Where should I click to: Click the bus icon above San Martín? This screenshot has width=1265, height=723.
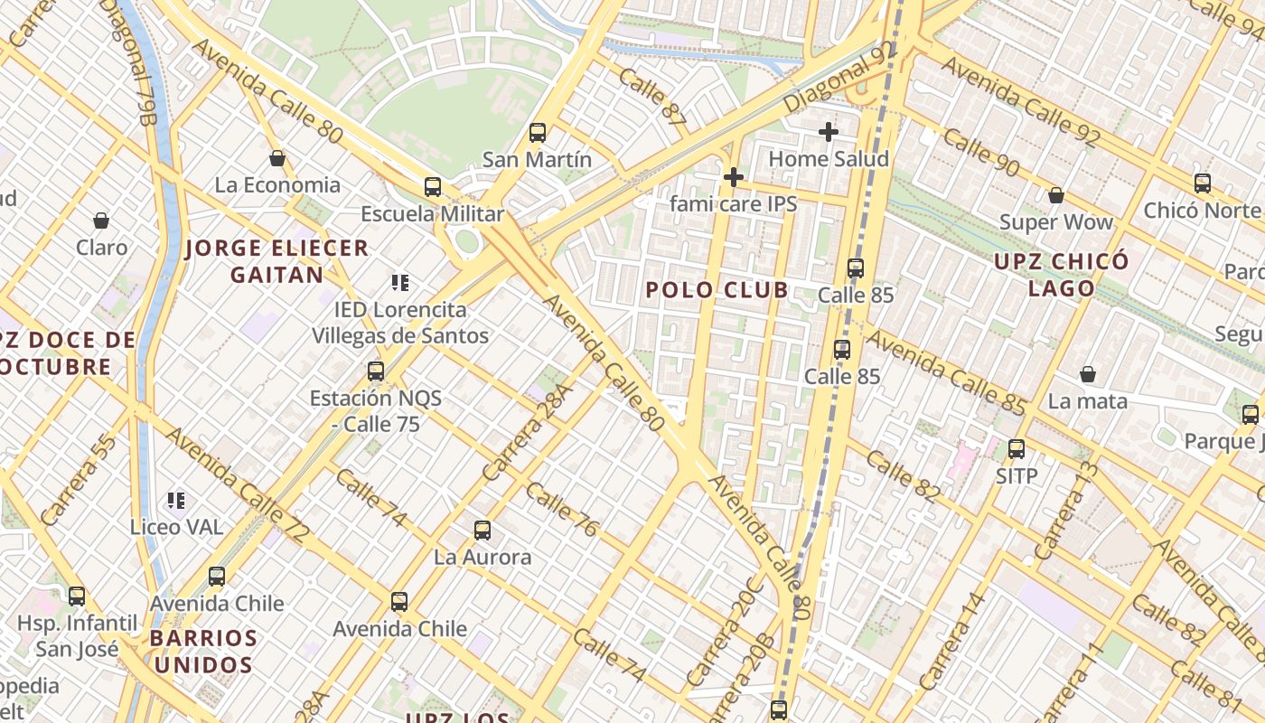pyautogui.click(x=538, y=133)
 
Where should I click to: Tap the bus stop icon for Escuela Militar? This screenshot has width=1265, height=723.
pyautogui.click(x=433, y=187)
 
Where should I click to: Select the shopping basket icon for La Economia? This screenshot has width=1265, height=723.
pyautogui.click(x=277, y=158)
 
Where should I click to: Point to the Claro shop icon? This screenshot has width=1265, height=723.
pyautogui.click(x=101, y=221)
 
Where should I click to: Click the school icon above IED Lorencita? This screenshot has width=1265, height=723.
pyautogui.click(x=400, y=283)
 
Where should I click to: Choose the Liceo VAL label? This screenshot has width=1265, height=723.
pyautogui.click(x=176, y=527)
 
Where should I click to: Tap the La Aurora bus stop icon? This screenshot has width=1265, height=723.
pyautogui.click(x=483, y=531)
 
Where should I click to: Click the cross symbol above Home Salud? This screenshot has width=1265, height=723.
pyautogui.click(x=829, y=132)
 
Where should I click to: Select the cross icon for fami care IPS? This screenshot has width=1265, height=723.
pyautogui.click(x=734, y=176)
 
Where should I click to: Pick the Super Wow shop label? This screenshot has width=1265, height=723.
pyautogui.click(x=1055, y=222)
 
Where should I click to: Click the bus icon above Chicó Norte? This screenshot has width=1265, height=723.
pyautogui.click(x=1203, y=183)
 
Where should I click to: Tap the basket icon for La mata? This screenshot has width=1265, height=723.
pyautogui.click(x=1088, y=374)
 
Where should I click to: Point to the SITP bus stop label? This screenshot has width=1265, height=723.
pyautogui.click(x=1017, y=475)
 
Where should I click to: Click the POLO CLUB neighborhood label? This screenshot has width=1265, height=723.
pyautogui.click(x=717, y=290)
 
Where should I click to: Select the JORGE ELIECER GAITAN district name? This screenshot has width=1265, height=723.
pyautogui.click(x=277, y=261)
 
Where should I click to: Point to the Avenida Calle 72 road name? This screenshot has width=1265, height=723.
pyautogui.click(x=237, y=485)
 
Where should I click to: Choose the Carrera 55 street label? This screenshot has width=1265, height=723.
pyautogui.click(x=79, y=480)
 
